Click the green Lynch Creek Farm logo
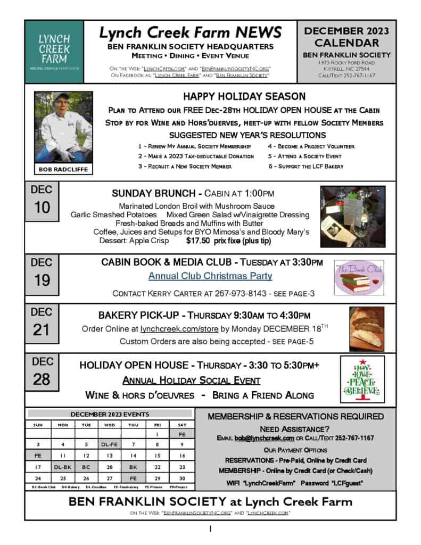point(53,52)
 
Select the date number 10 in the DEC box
point(42,208)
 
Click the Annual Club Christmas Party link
point(210,276)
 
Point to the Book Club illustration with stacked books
point(358,279)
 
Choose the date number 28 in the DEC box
point(42,379)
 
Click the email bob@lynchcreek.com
point(264,438)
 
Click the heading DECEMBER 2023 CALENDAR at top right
point(346,37)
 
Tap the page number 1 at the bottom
point(210,529)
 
